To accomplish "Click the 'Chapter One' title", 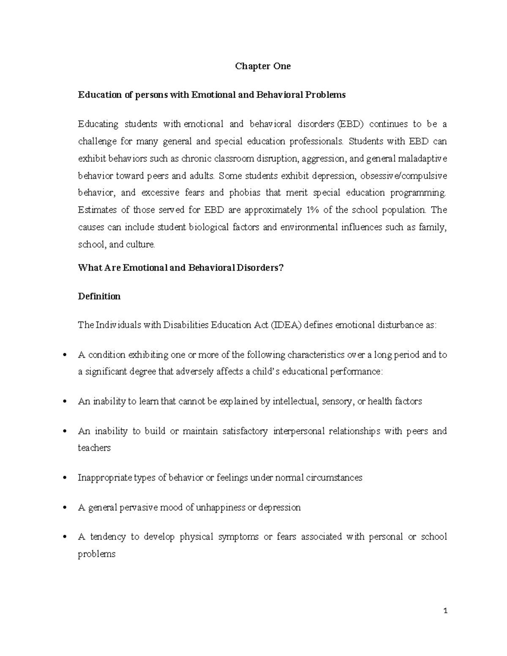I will tap(262, 66).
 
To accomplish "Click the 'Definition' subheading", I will tap(99, 297).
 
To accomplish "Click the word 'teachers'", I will tap(94, 448).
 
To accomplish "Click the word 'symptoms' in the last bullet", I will tap(238, 537).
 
